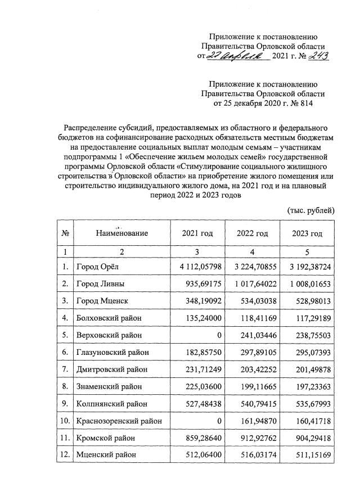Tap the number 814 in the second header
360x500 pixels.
302,103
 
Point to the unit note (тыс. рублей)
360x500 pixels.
311,210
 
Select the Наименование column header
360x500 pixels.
121,233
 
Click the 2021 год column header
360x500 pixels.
197,233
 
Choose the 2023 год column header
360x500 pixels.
308,233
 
